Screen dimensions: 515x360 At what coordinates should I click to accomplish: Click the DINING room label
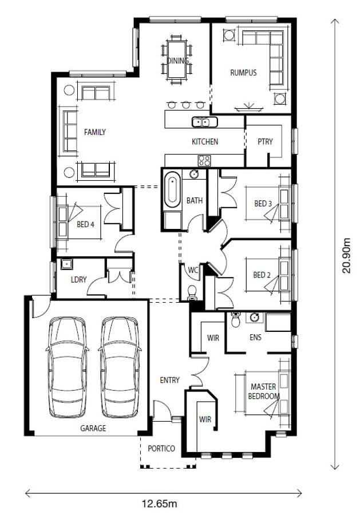pos(177,60)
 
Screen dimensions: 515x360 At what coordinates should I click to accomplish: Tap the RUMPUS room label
pos(243,73)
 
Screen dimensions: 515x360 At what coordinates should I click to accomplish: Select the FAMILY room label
pos(95,132)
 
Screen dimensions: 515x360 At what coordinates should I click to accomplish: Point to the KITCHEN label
pos(205,142)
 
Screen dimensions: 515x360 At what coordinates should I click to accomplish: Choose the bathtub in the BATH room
pos(172,191)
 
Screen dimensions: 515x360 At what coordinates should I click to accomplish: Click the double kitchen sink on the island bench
pos(201,121)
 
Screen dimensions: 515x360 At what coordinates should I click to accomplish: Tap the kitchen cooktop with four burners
pos(204,160)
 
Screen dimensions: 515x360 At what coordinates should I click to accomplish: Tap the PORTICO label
pos(161,449)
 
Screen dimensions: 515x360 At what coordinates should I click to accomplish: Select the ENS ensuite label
pos(255,338)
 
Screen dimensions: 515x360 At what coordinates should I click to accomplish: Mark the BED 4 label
pos(85,224)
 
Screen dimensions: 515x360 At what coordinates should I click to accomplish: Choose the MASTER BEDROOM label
pos(264,391)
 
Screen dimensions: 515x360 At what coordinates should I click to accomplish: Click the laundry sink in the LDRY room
pos(66,264)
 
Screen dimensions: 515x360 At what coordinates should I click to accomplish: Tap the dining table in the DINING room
pos(177,59)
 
